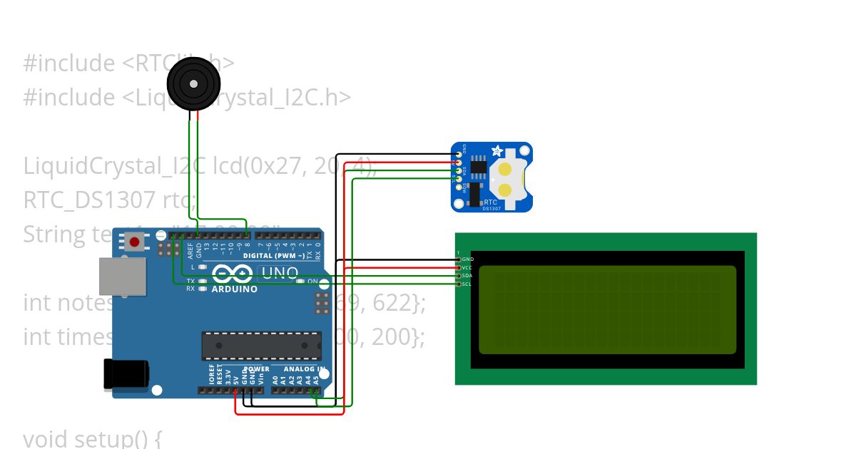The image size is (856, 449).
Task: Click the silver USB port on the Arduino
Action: [121, 276]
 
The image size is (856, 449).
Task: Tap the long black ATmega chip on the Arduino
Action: [260, 346]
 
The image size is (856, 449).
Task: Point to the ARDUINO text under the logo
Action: [235, 289]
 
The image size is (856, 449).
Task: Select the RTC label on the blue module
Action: [491, 202]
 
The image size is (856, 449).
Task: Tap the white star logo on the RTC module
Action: [497, 151]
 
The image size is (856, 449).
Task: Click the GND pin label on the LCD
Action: [468, 259]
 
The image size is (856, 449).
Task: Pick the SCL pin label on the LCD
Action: [467, 284]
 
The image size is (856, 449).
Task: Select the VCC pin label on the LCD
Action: [468, 267]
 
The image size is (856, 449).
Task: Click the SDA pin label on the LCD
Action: [467, 276]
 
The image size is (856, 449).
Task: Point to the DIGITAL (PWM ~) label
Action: [277, 255]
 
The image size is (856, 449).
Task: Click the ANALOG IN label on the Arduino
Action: [304, 369]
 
